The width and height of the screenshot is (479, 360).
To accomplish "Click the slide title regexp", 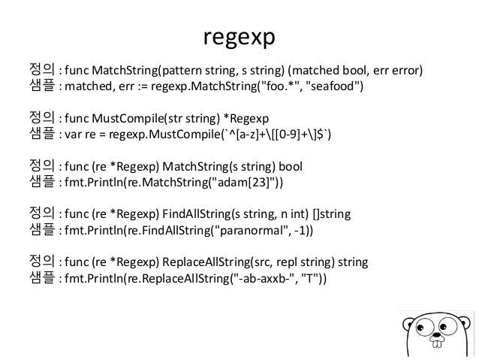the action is tap(239, 38).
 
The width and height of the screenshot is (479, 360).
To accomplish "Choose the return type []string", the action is tap(337, 213).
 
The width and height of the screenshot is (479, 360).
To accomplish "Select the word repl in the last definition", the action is tap(283, 261).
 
